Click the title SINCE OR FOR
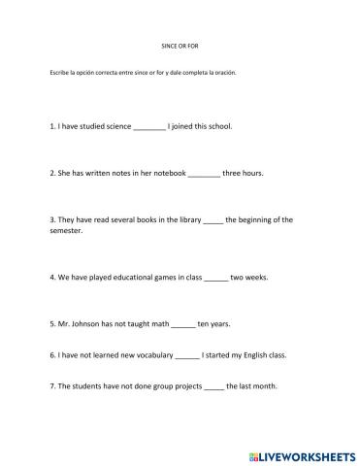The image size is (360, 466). point(179,46)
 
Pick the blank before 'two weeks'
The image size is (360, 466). point(215,278)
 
